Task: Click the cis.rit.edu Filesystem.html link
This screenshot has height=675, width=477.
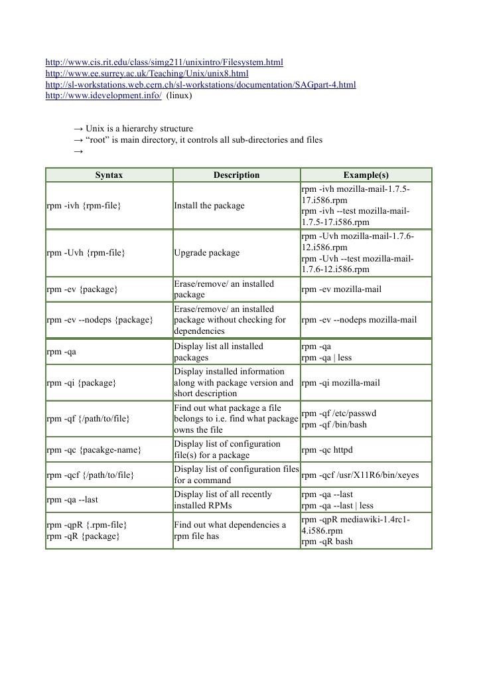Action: (x=164, y=62)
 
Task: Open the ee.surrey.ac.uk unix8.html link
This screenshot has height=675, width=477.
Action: (x=147, y=74)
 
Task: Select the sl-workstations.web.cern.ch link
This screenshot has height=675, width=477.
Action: (x=200, y=85)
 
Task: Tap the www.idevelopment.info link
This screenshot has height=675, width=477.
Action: (x=103, y=96)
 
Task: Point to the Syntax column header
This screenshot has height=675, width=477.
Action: (x=109, y=175)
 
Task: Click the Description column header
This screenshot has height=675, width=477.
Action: (x=236, y=175)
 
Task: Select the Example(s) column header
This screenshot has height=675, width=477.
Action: (x=366, y=175)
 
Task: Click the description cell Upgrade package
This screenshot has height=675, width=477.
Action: (x=207, y=253)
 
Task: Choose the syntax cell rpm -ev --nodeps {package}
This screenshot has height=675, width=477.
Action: (x=100, y=320)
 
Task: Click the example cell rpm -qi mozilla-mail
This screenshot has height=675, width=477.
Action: (x=340, y=383)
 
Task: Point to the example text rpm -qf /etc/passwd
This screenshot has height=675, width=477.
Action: (x=338, y=413)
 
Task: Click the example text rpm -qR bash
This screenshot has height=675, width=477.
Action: (x=326, y=542)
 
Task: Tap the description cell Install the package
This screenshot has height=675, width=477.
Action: (x=209, y=206)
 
